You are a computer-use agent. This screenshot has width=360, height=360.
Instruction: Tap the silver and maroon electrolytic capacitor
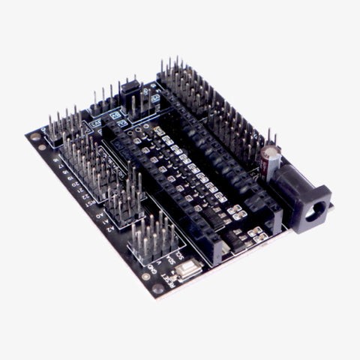pos(271,159)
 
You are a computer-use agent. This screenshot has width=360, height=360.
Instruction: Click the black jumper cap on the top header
pos(130,85)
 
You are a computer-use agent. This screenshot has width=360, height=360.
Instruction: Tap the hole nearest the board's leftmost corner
pos(37,138)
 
